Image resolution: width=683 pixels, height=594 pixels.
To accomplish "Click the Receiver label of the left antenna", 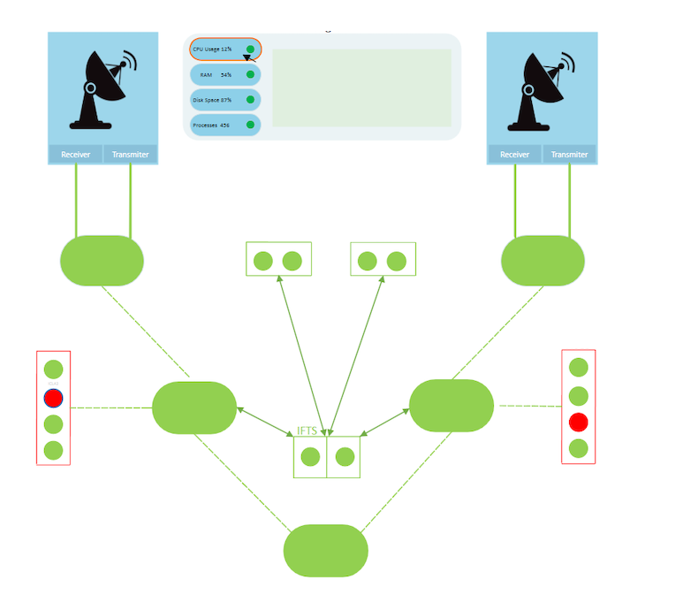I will click(75, 155).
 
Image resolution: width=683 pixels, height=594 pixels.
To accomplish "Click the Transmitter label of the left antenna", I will click(130, 155).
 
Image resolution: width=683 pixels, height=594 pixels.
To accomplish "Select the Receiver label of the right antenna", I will click(514, 155).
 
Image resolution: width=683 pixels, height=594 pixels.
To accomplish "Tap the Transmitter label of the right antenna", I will click(569, 155).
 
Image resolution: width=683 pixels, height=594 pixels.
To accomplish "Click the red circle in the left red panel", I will click(54, 398).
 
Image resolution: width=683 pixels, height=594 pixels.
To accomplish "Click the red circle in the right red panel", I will click(579, 421).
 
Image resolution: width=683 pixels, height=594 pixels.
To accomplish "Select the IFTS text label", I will click(307, 430).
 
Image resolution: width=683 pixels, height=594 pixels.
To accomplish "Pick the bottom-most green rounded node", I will click(325, 550).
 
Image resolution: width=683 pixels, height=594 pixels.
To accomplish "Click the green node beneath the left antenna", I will click(102, 261).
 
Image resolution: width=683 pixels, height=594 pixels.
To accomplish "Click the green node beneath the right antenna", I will click(543, 261).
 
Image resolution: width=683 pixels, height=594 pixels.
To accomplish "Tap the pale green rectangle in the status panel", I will click(361, 88).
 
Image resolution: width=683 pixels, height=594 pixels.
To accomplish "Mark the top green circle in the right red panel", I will click(579, 367).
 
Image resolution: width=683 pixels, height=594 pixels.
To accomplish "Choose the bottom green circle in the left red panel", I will click(54, 450).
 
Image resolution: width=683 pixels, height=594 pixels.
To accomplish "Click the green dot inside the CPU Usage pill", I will click(251, 49).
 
